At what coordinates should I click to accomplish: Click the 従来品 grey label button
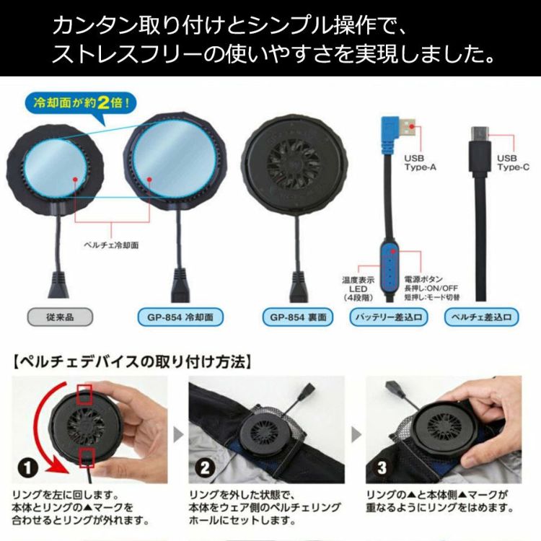pyautogui.click(x=60, y=317)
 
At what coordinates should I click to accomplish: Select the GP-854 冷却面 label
pyautogui.click(x=180, y=317)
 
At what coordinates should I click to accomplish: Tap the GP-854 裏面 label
pyautogui.click(x=298, y=317)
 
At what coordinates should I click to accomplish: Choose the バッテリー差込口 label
pyautogui.click(x=389, y=317)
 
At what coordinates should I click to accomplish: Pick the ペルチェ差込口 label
pyautogui.click(x=481, y=317)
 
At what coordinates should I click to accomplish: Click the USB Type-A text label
pyautogui.click(x=420, y=163)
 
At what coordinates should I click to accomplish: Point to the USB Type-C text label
pyautogui.click(x=513, y=163)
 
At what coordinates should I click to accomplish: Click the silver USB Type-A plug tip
pyautogui.click(x=408, y=128)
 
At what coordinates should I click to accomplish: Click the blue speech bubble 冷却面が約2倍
pyautogui.click(x=81, y=103)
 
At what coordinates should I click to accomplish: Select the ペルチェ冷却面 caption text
pyautogui.click(x=111, y=245)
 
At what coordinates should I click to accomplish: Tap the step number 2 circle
pyautogui.click(x=205, y=467)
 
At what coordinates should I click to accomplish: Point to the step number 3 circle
pyautogui.click(x=382, y=467)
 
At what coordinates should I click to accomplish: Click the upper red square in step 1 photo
pyautogui.click(x=84, y=394)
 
